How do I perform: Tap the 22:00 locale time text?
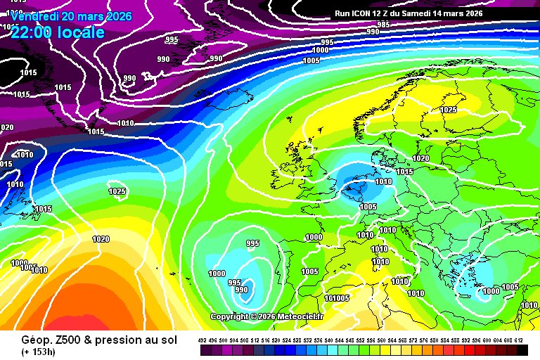click(x=58, y=32)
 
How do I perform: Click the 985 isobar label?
click(x=383, y=25)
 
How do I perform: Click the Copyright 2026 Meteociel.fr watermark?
click(x=266, y=316)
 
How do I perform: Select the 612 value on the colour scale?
click(x=519, y=340)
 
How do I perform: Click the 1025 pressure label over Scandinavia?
click(x=448, y=110)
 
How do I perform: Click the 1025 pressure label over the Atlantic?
click(x=117, y=191)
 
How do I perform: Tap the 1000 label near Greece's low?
click(x=490, y=291)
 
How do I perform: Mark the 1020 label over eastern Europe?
click(x=420, y=159)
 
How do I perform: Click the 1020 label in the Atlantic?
click(x=101, y=239)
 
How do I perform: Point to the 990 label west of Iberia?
click(x=241, y=290)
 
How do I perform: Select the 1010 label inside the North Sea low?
click(x=383, y=181)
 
